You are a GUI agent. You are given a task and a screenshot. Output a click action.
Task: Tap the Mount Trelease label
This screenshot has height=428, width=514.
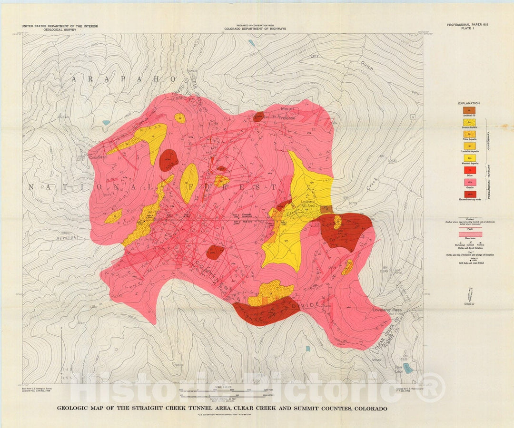point(287,113)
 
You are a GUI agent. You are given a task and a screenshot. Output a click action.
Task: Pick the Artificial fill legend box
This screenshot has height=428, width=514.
point(469,110)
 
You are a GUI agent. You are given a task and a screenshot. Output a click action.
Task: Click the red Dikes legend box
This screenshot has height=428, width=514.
point(469,170)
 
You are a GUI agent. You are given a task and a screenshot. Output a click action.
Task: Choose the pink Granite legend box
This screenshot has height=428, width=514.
point(469,181)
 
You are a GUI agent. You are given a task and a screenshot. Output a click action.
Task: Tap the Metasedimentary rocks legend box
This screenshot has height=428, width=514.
point(469,194)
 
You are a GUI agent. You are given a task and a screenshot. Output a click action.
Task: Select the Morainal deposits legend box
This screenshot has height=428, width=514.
point(469,158)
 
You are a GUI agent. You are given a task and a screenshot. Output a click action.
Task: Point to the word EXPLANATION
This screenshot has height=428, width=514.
point(469,103)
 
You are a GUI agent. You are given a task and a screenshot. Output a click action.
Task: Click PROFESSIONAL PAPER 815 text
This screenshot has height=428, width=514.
point(467,24)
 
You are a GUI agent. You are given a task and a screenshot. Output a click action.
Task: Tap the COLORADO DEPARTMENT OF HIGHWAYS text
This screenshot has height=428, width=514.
point(255,29)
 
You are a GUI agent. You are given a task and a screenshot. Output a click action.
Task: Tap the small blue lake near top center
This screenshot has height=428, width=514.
point(251,43)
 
